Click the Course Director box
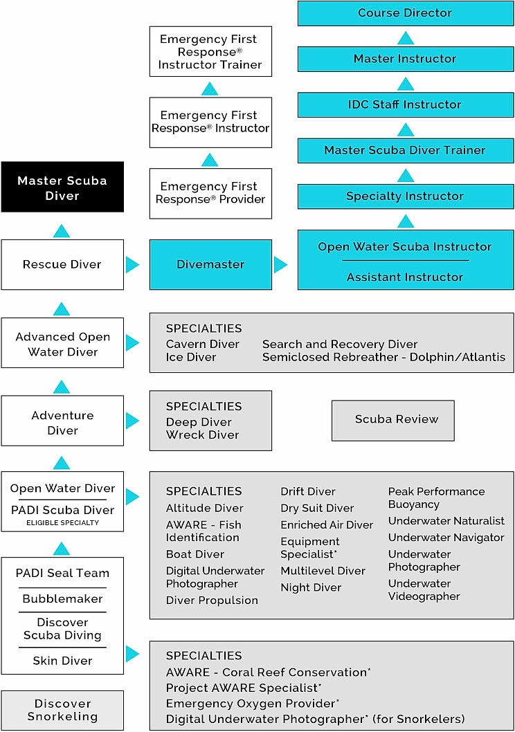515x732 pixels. (405, 13)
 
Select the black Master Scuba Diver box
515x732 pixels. (62, 188)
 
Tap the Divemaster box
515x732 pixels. (210, 264)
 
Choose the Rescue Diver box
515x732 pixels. (62, 264)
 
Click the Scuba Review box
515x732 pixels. (393, 420)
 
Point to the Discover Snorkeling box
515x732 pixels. (62, 711)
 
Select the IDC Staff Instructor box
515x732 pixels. (405, 104)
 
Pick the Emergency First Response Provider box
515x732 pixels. (210, 193)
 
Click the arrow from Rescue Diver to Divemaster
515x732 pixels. (132, 264)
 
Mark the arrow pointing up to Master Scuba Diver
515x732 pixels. (62, 231)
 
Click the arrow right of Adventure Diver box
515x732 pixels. (132, 420)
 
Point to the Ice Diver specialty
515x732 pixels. (191, 358)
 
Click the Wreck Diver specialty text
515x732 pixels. (202, 435)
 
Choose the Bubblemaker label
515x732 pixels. (62, 599)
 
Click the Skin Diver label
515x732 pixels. (62, 661)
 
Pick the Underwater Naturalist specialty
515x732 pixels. (446, 521)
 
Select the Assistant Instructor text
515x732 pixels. (405, 277)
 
